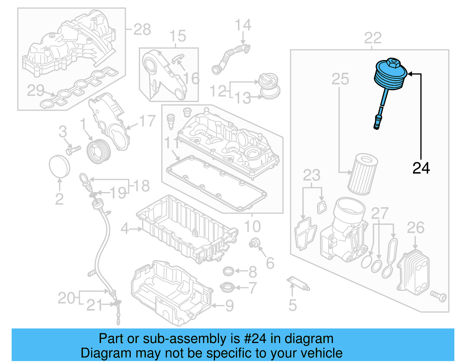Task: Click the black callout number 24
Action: coord(421,168)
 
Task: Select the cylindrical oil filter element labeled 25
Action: coord(363,175)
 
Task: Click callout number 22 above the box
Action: coord(373,38)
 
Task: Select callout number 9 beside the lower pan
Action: coord(230,306)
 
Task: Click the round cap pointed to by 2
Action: coord(59,166)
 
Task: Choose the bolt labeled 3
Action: coord(73,151)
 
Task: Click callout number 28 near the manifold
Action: coord(142,29)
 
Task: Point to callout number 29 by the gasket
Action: coord(36,90)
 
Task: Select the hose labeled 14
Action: coord(230,58)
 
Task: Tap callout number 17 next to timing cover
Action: coord(147,121)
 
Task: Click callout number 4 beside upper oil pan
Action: coord(125,229)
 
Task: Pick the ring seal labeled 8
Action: coord(229,271)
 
